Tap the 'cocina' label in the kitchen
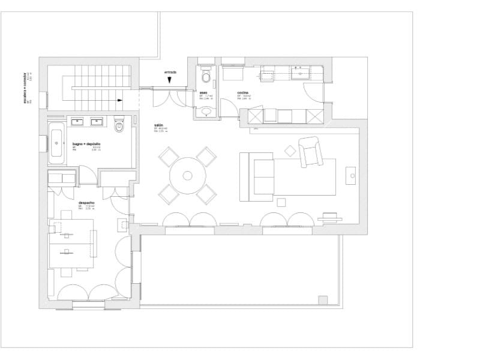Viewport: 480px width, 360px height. [242, 93]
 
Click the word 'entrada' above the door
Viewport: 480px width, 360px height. [170, 72]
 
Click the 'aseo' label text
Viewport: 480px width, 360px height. [203, 93]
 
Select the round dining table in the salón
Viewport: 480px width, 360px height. [187, 176]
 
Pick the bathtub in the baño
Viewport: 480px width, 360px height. [57, 143]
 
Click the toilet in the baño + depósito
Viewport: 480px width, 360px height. [119, 125]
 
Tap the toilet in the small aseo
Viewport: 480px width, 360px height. [206, 76]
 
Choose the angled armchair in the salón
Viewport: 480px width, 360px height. [310, 151]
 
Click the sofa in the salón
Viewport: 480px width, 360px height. [257, 176]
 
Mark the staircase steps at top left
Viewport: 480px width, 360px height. [98, 78]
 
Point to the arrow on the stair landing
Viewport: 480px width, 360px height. [121, 100]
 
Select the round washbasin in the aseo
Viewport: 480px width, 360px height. [206, 110]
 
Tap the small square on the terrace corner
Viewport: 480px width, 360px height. [323, 300]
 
